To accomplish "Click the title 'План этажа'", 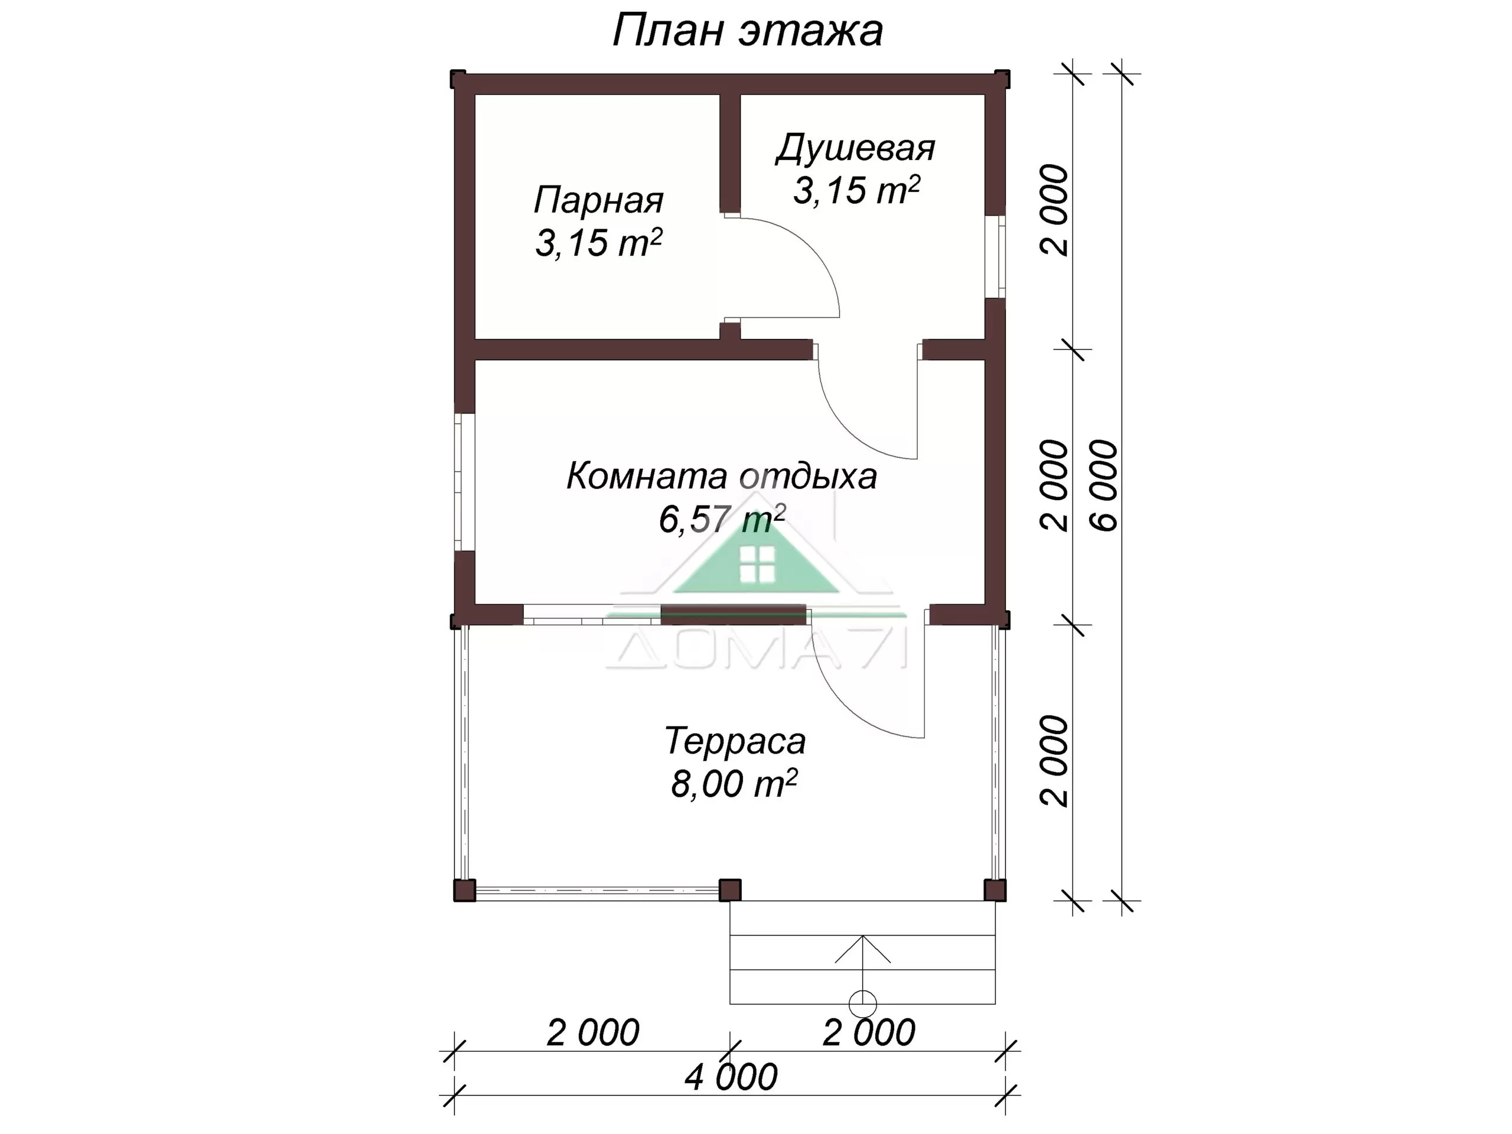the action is click(x=747, y=31).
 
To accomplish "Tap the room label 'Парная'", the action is click(x=598, y=200).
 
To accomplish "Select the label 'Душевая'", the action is click(x=855, y=149).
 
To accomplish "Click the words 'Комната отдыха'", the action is click(x=721, y=477).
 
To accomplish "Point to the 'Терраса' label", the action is click(x=735, y=741).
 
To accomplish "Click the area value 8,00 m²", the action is click(x=734, y=783).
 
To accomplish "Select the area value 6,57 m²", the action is click(x=722, y=519).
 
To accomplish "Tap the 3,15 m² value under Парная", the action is click(x=598, y=243).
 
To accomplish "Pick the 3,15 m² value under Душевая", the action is click(x=856, y=190).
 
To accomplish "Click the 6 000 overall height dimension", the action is click(x=1104, y=485).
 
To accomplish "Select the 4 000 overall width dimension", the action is click(x=731, y=1077).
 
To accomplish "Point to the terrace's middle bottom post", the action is click(x=730, y=890).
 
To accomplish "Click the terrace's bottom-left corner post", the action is click(x=465, y=890).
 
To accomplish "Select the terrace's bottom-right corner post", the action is click(x=995, y=890).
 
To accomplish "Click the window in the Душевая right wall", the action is click(x=996, y=257).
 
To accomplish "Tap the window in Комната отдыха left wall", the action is click(x=465, y=482).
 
